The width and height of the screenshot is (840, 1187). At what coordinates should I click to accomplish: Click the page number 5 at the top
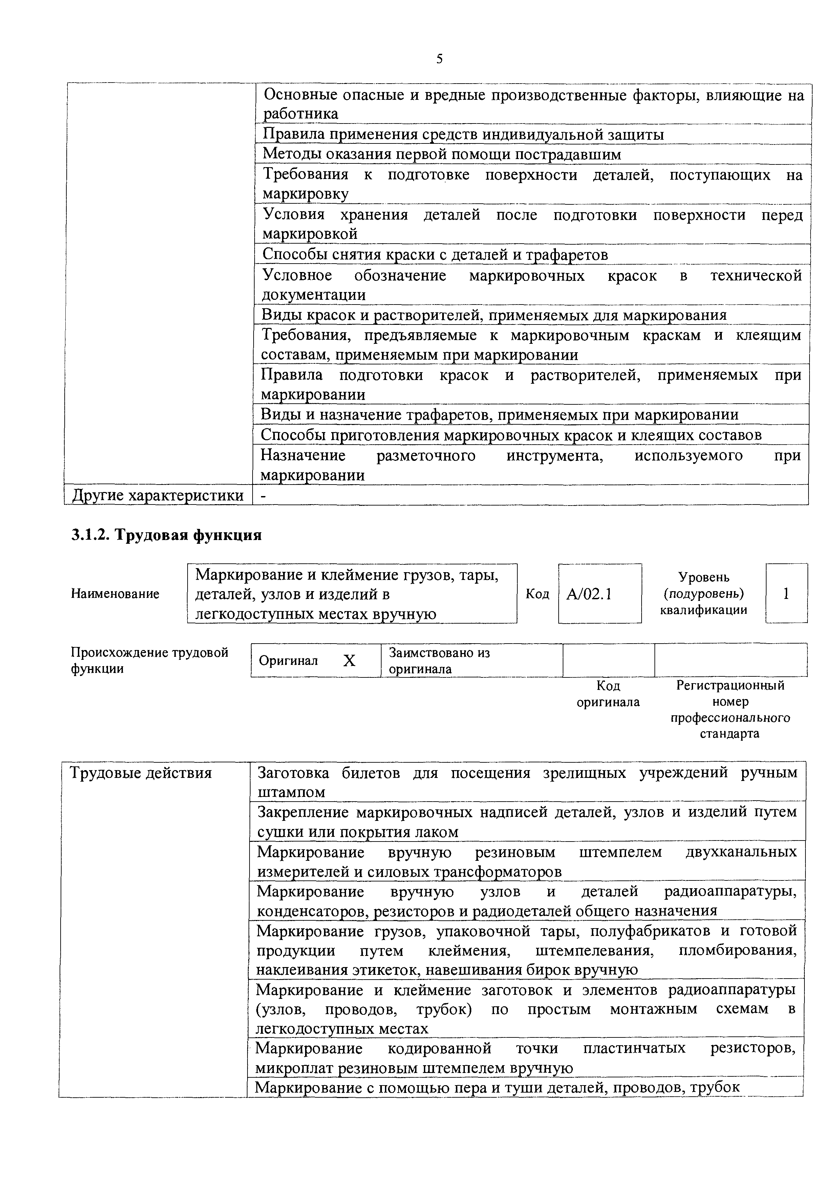439,59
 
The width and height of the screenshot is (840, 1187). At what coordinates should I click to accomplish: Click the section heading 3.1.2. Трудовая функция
166,535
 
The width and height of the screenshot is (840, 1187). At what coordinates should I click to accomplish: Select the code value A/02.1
589,594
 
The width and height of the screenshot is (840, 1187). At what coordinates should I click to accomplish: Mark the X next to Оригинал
350,661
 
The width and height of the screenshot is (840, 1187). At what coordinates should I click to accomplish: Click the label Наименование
115,594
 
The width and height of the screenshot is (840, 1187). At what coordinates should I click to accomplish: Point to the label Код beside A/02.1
537,594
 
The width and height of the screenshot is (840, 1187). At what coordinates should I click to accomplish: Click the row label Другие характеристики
158,495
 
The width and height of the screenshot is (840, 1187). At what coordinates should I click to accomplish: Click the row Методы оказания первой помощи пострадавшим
442,154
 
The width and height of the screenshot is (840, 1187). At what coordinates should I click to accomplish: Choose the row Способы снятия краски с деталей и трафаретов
435,254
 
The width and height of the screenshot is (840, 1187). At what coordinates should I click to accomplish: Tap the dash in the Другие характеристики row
264,496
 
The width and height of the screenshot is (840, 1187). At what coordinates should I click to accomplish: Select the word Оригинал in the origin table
288,661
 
